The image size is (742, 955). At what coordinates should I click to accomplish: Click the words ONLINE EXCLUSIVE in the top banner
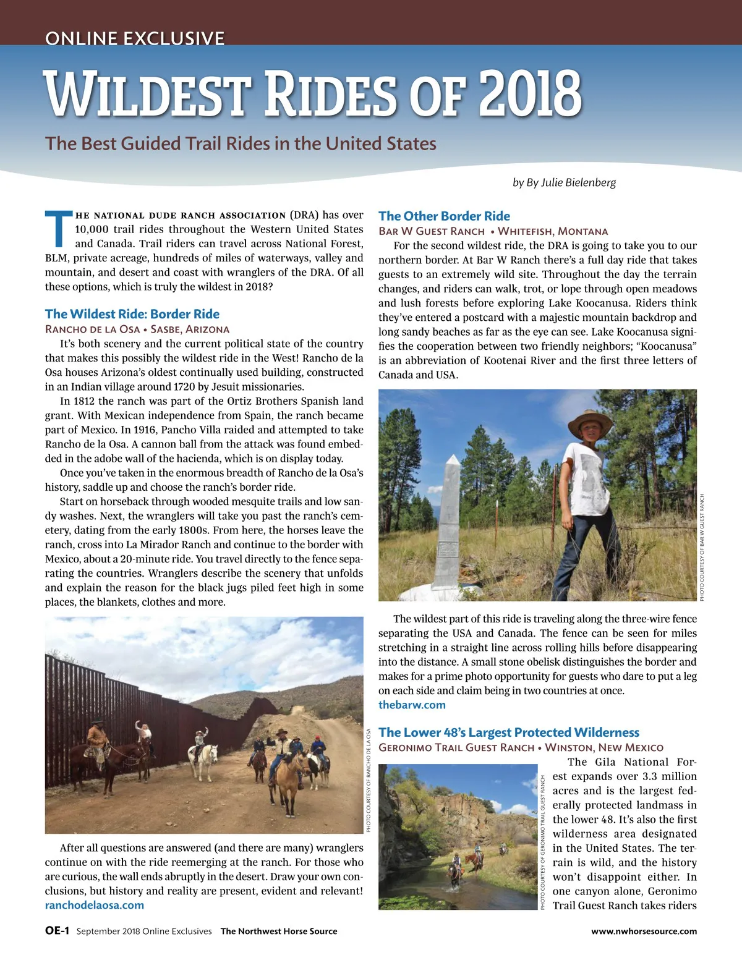click(x=135, y=38)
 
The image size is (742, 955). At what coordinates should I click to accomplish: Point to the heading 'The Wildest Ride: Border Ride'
click(x=132, y=314)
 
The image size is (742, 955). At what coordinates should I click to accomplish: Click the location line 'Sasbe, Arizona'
click(x=190, y=329)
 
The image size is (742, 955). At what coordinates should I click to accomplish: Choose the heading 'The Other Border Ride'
click(x=444, y=216)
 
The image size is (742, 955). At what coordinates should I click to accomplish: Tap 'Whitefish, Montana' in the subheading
click(x=553, y=231)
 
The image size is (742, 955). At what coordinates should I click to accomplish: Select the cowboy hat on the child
click(x=589, y=420)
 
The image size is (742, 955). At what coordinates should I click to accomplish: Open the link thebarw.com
click(x=412, y=705)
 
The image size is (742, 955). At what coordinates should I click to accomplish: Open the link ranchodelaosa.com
click(x=95, y=905)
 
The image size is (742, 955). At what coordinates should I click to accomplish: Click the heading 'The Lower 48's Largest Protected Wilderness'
click(x=509, y=732)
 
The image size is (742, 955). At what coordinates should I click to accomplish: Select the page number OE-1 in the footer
click(x=57, y=931)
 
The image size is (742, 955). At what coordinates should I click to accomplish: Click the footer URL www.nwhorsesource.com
click(x=644, y=931)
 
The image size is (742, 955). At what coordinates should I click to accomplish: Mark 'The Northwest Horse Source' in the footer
click(x=279, y=931)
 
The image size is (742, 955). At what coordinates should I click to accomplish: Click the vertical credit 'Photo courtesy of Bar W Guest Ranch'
click(x=702, y=547)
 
